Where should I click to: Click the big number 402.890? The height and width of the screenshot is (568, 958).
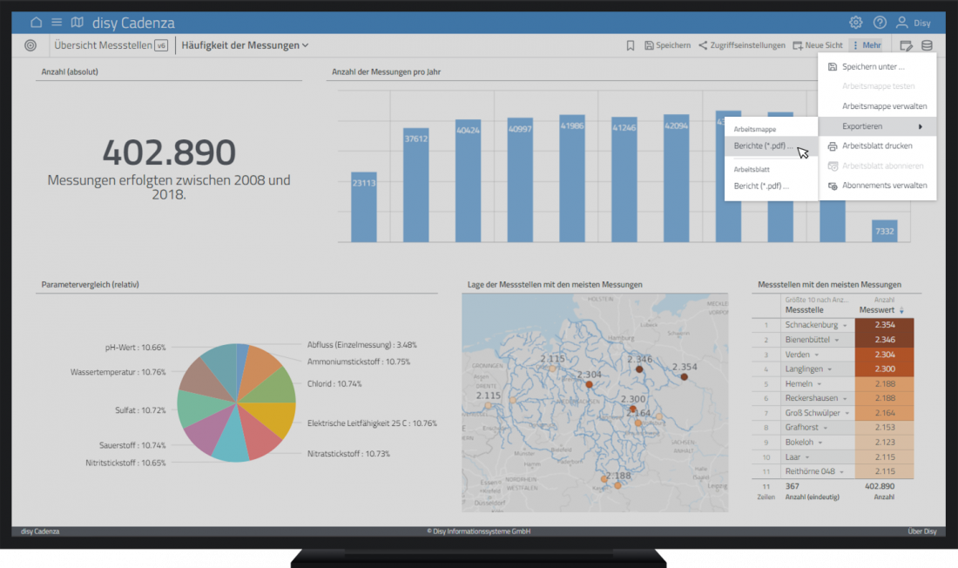(169, 152)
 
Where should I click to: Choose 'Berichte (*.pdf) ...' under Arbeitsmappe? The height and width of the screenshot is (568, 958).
(763, 146)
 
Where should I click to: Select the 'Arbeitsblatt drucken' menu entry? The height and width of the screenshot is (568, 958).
(877, 145)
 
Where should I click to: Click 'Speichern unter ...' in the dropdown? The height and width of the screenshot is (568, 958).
(873, 66)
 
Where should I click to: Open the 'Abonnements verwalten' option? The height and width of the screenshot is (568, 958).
(884, 186)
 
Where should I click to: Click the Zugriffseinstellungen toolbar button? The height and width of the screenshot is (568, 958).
(741, 45)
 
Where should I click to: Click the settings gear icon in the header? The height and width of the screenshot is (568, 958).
(856, 23)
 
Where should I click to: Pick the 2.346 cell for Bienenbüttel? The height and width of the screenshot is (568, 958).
(884, 339)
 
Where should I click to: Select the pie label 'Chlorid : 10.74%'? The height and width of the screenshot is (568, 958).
(334, 383)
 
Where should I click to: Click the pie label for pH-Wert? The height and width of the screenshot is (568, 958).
(135, 348)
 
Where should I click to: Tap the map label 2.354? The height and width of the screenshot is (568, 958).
(685, 367)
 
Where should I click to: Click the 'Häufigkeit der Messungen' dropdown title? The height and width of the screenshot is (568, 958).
(245, 45)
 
